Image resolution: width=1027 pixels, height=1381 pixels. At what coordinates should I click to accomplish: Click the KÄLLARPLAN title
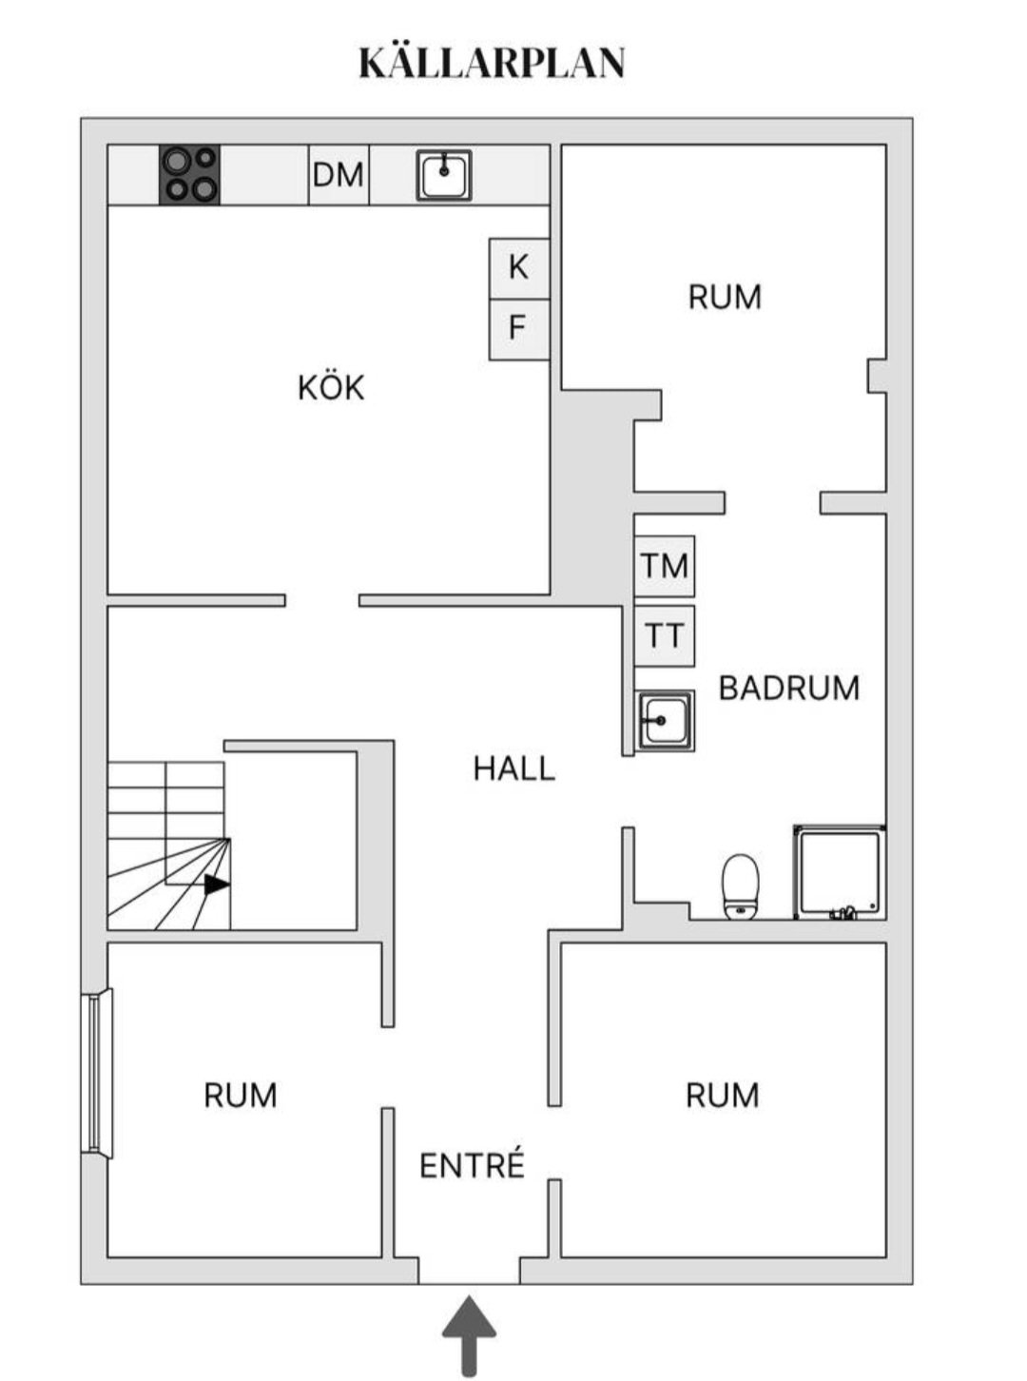[x=492, y=63]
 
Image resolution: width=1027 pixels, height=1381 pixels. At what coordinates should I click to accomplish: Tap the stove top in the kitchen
[x=189, y=175]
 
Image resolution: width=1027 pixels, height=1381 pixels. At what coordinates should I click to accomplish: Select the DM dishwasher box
[x=339, y=175]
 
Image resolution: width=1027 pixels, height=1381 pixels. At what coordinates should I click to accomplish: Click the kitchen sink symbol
[x=444, y=175]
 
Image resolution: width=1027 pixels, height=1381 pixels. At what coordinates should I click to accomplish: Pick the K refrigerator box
[x=519, y=268]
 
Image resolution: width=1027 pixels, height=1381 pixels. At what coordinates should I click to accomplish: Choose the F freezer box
[x=519, y=329]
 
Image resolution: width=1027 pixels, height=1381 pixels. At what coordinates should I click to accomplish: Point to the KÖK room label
[x=331, y=388]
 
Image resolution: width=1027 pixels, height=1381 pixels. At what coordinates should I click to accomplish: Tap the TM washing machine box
[x=665, y=566]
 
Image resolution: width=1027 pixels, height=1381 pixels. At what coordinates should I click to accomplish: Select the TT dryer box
[x=665, y=635]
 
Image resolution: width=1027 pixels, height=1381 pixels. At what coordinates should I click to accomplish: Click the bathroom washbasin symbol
[x=665, y=720]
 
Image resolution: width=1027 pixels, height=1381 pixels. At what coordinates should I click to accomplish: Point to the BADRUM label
[x=789, y=688]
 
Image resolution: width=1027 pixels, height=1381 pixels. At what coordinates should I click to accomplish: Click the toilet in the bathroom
[x=741, y=886]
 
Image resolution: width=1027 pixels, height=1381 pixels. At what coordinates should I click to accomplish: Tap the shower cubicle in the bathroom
[x=840, y=872]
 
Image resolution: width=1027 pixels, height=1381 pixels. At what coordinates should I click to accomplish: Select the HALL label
[x=513, y=768]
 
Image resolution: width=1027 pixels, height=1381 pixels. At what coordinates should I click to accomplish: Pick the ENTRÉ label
[x=472, y=1165]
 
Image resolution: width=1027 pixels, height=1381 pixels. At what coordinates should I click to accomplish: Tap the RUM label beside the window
[x=241, y=1096]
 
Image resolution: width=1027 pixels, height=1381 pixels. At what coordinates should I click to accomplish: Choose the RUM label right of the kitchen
[x=725, y=297]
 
